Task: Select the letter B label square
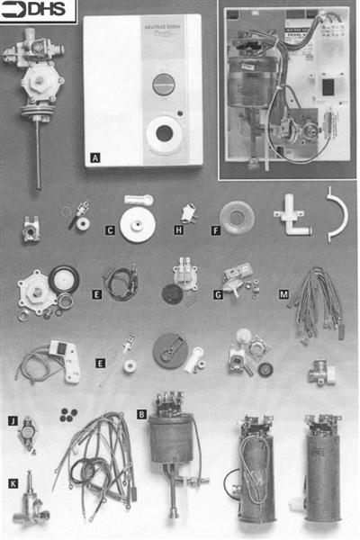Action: tap(142, 415)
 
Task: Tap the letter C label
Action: tap(110, 230)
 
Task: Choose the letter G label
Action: tap(218, 294)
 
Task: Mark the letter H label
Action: tap(179, 230)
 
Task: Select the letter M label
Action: tap(284, 294)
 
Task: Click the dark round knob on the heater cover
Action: tap(162, 86)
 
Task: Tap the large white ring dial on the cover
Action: tap(164, 134)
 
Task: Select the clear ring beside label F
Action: tap(238, 218)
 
